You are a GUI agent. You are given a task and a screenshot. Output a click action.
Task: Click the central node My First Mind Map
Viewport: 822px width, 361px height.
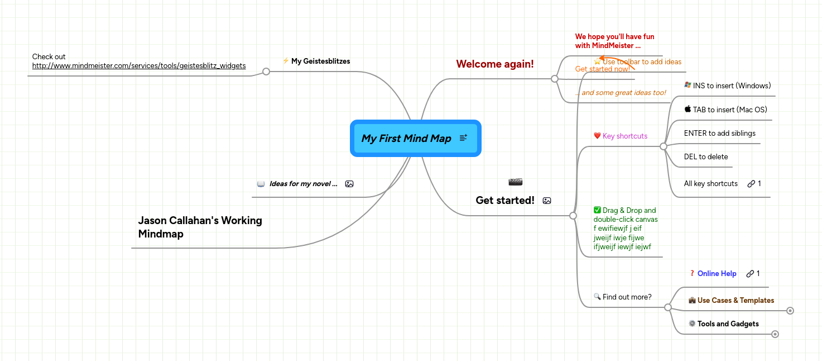click(406, 139)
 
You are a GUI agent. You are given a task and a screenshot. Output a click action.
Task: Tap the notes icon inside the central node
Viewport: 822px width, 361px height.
click(463, 138)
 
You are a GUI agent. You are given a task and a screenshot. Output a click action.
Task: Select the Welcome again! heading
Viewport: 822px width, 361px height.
click(495, 64)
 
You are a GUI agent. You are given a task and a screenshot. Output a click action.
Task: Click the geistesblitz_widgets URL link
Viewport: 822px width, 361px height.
click(139, 66)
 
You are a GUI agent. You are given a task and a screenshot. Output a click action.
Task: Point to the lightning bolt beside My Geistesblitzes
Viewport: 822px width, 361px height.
click(286, 61)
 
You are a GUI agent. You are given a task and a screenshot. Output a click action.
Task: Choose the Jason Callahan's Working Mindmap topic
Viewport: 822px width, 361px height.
click(200, 227)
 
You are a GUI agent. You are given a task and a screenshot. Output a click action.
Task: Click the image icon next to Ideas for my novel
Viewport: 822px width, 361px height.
click(349, 184)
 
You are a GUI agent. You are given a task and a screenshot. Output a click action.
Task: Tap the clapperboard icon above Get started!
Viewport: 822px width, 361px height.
click(516, 182)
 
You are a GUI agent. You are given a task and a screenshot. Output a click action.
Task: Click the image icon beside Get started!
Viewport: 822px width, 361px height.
click(547, 201)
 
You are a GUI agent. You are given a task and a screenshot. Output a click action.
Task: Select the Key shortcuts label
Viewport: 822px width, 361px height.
click(625, 136)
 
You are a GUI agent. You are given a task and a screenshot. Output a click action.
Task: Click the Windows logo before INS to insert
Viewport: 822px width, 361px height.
click(688, 85)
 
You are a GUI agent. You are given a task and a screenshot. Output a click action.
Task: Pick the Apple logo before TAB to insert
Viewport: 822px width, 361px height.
click(688, 110)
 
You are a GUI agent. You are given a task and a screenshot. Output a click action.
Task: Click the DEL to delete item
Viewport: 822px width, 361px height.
click(706, 157)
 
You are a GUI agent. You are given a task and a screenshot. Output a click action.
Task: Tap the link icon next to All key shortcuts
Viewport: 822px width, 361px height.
click(751, 184)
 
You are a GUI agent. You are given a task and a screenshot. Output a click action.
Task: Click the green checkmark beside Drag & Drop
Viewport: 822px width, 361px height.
click(597, 210)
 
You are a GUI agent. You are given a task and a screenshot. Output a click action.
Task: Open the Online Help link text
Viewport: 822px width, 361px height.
click(717, 274)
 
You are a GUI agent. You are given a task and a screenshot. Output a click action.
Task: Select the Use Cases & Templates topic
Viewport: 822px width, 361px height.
click(736, 301)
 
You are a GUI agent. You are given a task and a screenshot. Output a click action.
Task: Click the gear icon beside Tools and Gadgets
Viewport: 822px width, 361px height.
click(692, 324)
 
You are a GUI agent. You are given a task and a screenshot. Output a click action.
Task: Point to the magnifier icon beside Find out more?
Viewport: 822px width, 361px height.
click(597, 297)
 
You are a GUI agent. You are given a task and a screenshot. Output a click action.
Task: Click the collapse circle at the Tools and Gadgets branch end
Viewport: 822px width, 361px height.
click(775, 334)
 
